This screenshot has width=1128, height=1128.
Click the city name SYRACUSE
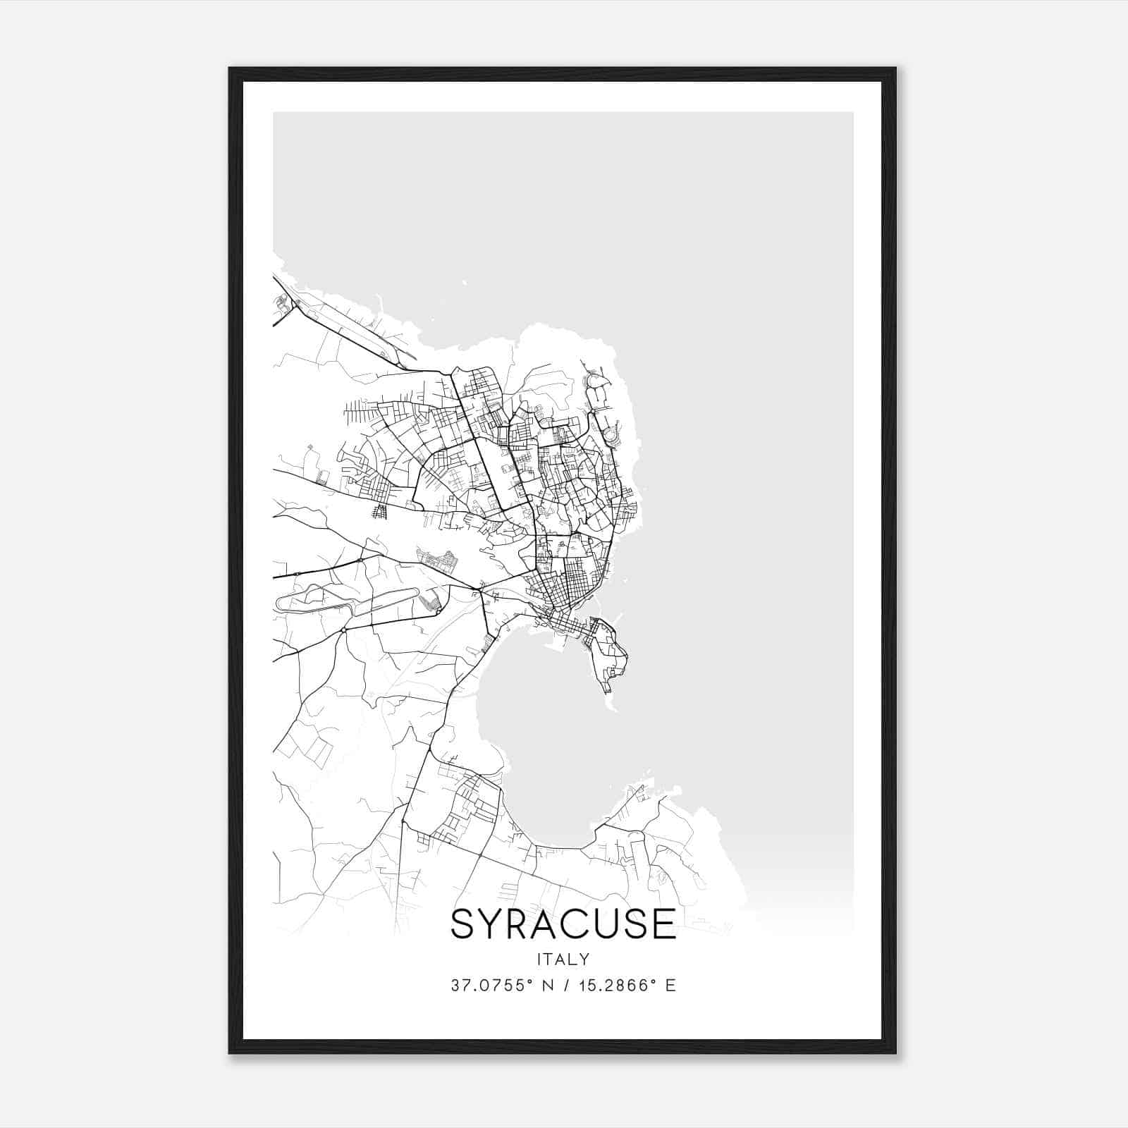563,924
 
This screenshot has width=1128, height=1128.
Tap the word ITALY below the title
563,959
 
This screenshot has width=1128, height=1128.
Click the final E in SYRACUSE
663,924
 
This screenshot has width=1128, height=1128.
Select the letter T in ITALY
551,959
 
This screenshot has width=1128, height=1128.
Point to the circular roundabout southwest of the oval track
343,630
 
